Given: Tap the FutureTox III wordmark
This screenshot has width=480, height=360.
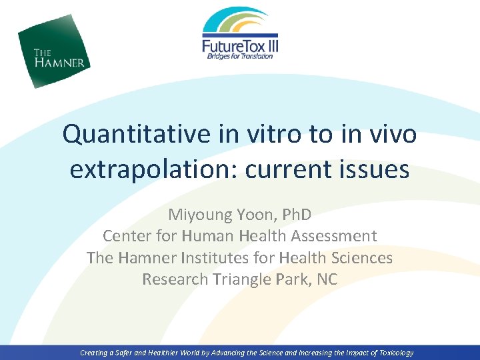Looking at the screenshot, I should (240, 45).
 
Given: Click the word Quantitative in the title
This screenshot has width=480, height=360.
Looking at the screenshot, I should (135, 135).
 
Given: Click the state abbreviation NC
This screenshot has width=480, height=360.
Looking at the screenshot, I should (327, 279).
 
